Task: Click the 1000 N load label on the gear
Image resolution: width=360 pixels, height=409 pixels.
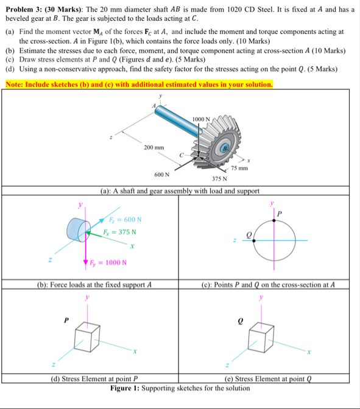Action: pos(201,119)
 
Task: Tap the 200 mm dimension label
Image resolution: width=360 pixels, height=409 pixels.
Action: pos(154,147)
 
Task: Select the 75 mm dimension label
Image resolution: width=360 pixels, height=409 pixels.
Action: pos(239,168)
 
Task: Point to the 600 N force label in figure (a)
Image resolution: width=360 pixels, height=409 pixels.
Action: pos(162,175)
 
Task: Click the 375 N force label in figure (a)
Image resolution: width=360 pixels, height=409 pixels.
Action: pos(219,179)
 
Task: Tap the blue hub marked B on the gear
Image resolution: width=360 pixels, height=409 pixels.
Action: pos(225,148)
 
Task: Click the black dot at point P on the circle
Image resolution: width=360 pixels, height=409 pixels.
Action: pos(274,221)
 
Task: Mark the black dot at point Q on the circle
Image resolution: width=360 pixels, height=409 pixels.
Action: pos(254,240)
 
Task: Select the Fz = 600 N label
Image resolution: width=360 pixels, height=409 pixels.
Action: pos(125,220)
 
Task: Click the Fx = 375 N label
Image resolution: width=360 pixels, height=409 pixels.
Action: pos(119,232)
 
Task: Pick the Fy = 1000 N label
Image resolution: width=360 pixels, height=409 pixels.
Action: pos(108,262)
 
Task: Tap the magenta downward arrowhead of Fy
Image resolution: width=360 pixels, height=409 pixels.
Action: pos(85,262)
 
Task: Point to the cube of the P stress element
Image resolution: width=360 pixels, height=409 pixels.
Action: pos(87,337)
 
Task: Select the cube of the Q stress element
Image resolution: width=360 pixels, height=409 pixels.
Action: pos(261,338)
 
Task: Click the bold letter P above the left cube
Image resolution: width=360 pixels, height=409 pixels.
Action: pos(66,320)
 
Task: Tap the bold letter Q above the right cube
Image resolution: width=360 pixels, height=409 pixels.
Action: pos(241,321)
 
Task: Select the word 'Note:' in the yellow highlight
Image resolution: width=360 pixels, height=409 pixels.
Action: pos(15,85)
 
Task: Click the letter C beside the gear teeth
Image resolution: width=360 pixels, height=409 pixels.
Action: pos(182,155)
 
